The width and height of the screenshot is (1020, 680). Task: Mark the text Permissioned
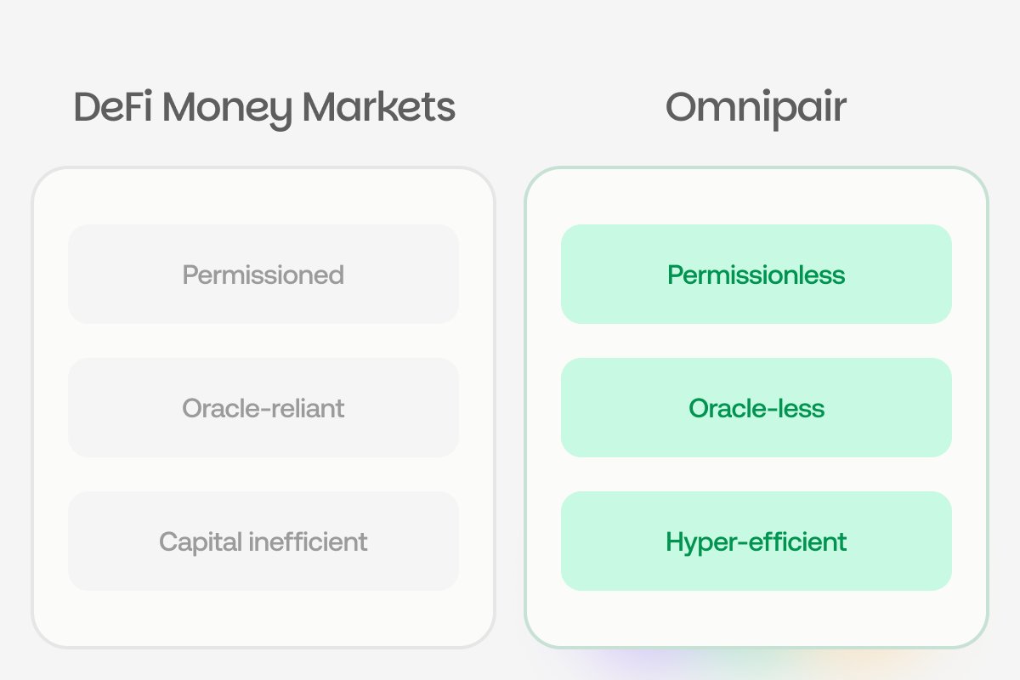[263, 275]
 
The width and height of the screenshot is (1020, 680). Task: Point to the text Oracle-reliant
[263, 408]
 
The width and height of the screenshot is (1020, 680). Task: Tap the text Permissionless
[756, 275]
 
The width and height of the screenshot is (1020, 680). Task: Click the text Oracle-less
[756, 408]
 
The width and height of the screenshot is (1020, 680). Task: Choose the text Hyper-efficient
[756, 541]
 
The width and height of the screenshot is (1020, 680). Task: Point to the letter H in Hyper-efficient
[676, 541]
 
